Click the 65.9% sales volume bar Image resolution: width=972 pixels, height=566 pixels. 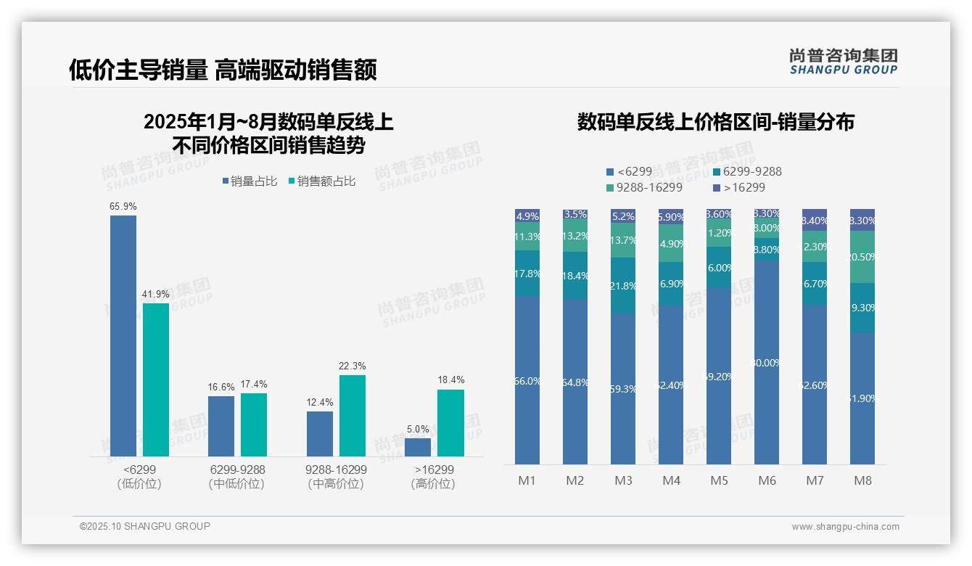(x=123, y=335)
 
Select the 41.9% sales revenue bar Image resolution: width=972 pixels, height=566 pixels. (x=156, y=380)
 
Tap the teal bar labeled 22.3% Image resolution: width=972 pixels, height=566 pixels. (x=353, y=415)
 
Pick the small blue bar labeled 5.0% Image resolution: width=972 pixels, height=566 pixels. (x=418, y=447)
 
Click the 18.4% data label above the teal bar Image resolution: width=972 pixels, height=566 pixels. (x=450, y=380)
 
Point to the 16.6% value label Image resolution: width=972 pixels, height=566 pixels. (x=221, y=387)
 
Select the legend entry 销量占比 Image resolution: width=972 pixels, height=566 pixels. (x=250, y=181)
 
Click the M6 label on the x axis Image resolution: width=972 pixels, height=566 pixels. (x=767, y=480)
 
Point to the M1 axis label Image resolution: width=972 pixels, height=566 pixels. (x=527, y=480)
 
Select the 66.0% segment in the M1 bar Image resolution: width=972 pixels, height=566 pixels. (x=527, y=380)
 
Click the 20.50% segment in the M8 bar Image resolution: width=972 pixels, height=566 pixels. (x=862, y=256)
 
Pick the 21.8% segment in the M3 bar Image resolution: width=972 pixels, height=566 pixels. (x=623, y=286)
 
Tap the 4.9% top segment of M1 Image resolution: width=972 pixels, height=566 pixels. (x=527, y=216)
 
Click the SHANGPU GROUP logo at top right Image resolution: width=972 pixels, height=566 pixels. (x=844, y=61)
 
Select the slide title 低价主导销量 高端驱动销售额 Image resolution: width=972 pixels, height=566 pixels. (x=223, y=70)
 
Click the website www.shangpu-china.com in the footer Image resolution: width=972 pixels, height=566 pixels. (x=845, y=527)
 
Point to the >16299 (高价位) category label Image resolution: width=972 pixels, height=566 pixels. (x=432, y=477)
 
